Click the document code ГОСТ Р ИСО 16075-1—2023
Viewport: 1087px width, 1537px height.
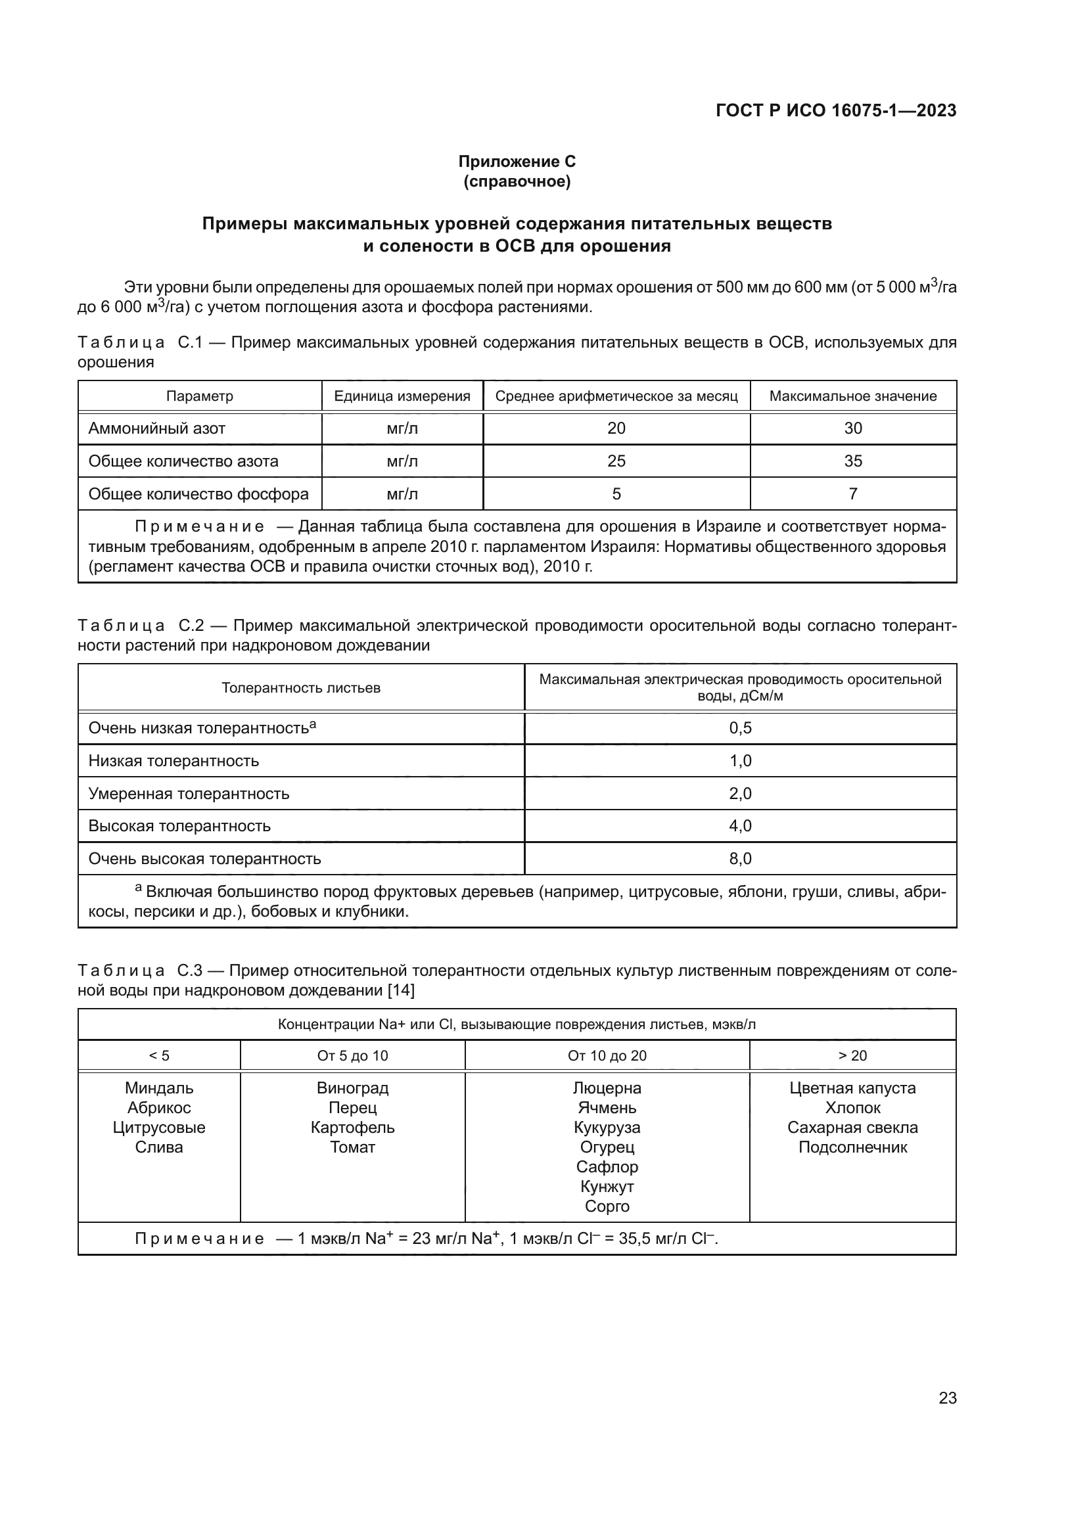(835, 111)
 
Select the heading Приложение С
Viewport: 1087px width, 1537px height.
(517, 162)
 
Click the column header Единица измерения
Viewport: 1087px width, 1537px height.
(402, 396)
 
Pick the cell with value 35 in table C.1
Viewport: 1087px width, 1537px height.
(853, 461)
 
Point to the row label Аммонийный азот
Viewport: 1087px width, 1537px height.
(156, 428)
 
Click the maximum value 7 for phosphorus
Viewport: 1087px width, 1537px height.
(853, 494)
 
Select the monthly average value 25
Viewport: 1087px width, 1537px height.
(616, 461)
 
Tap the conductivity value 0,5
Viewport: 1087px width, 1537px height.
(740, 727)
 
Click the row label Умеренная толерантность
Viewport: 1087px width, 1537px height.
(189, 793)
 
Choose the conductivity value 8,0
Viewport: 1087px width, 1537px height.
(740, 858)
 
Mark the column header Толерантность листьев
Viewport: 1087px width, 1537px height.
(300, 687)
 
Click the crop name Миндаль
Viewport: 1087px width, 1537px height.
(158, 1088)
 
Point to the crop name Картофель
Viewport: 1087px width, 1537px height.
(352, 1128)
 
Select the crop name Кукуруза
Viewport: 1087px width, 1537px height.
(607, 1128)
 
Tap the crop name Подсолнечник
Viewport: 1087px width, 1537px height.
(853, 1147)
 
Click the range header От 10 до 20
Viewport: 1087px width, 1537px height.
(607, 1056)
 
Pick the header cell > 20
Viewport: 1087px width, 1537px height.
(852, 1056)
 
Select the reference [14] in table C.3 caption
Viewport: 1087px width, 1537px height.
(401, 990)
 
